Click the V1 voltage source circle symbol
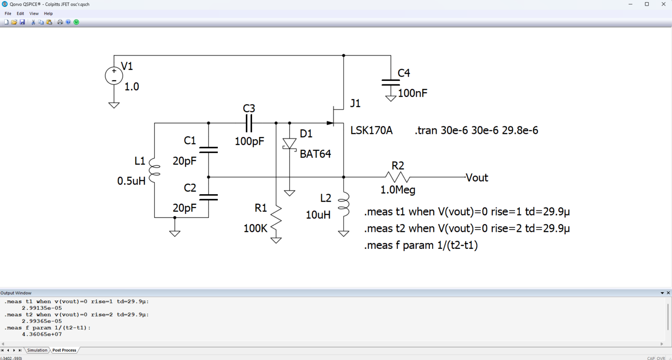(114, 76)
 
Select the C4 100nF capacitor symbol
(390, 83)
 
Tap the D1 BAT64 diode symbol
(290, 144)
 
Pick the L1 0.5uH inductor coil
(154, 170)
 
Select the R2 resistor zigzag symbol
(397, 177)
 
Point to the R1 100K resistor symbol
(276, 220)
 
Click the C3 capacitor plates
(249, 123)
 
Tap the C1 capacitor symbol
(209, 150)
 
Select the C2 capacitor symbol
(209, 197)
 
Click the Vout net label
(477, 178)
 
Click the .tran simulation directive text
(476, 130)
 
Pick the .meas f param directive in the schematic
(421, 245)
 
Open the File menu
(8, 14)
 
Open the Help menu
(48, 14)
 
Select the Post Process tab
(64, 350)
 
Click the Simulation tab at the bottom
(37, 350)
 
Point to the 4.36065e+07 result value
(42, 334)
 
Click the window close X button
(663, 4)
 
